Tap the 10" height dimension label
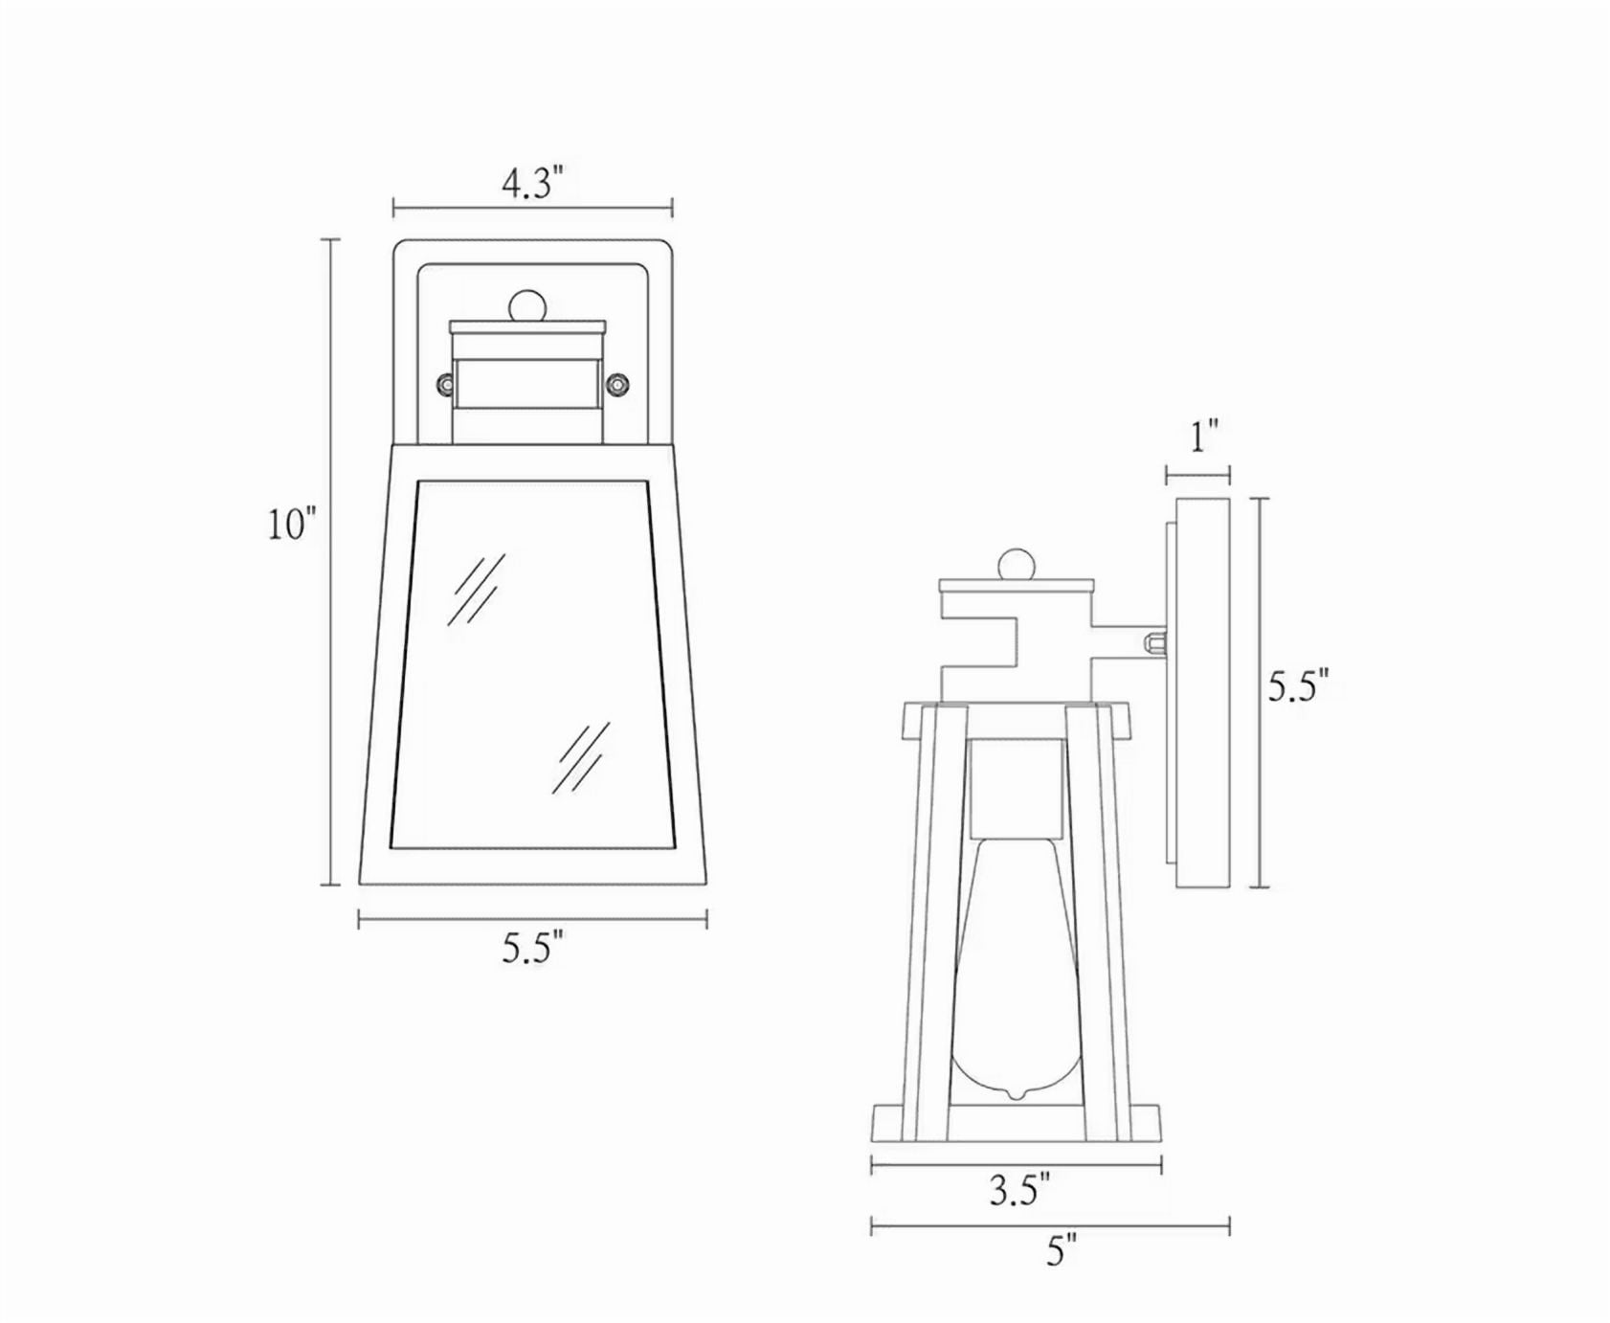coord(291,524)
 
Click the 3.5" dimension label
coord(1019,1190)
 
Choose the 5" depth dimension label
coord(1062,1250)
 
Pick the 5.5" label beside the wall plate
coord(1298,686)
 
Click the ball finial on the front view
coord(527,306)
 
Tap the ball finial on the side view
coord(1017,564)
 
